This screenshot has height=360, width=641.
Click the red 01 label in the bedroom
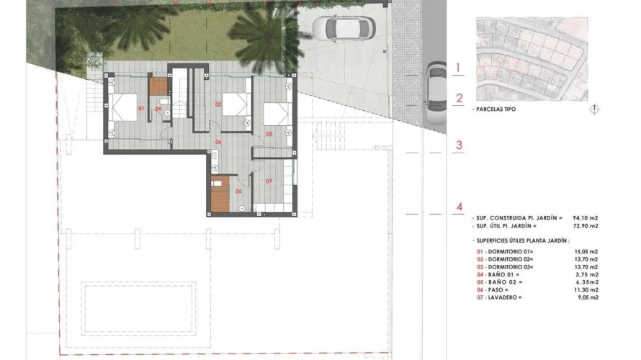pyautogui.click(x=141, y=109)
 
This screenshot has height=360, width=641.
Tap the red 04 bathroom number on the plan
pyautogui.click(x=158, y=109)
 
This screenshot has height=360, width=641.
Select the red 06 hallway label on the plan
pyautogui.click(x=218, y=142)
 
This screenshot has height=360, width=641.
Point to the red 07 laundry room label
pyautogui.click(x=268, y=180)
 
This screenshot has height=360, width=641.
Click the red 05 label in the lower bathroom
pyautogui.click(x=238, y=192)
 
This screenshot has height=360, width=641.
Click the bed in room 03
pyautogui.click(x=277, y=114)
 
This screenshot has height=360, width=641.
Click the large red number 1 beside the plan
pyautogui.click(x=459, y=69)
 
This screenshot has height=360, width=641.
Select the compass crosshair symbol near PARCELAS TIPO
pyautogui.click(x=594, y=109)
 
